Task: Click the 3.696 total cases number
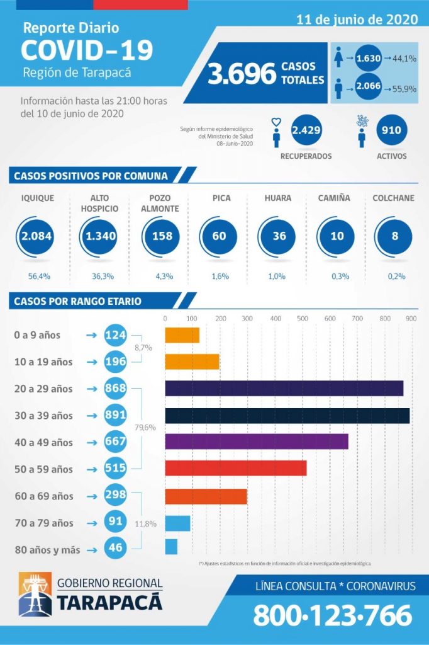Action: click(242, 74)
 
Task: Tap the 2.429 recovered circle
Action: click(306, 130)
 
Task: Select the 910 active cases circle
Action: click(391, 130)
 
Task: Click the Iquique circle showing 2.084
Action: click(36, 236)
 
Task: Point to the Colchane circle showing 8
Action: click(394, 236)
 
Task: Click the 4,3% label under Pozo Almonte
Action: click(162, 276)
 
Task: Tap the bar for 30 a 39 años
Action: click(287, 416)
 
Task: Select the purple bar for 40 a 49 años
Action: click(256, 442)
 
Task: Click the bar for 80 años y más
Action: click(171, 547)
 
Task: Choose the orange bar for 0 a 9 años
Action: click(182, 335)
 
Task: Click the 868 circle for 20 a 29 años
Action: click(116, 389)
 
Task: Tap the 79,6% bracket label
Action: click(145, 428)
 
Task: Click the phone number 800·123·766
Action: click(333, 615)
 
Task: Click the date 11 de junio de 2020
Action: click(357, 20)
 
